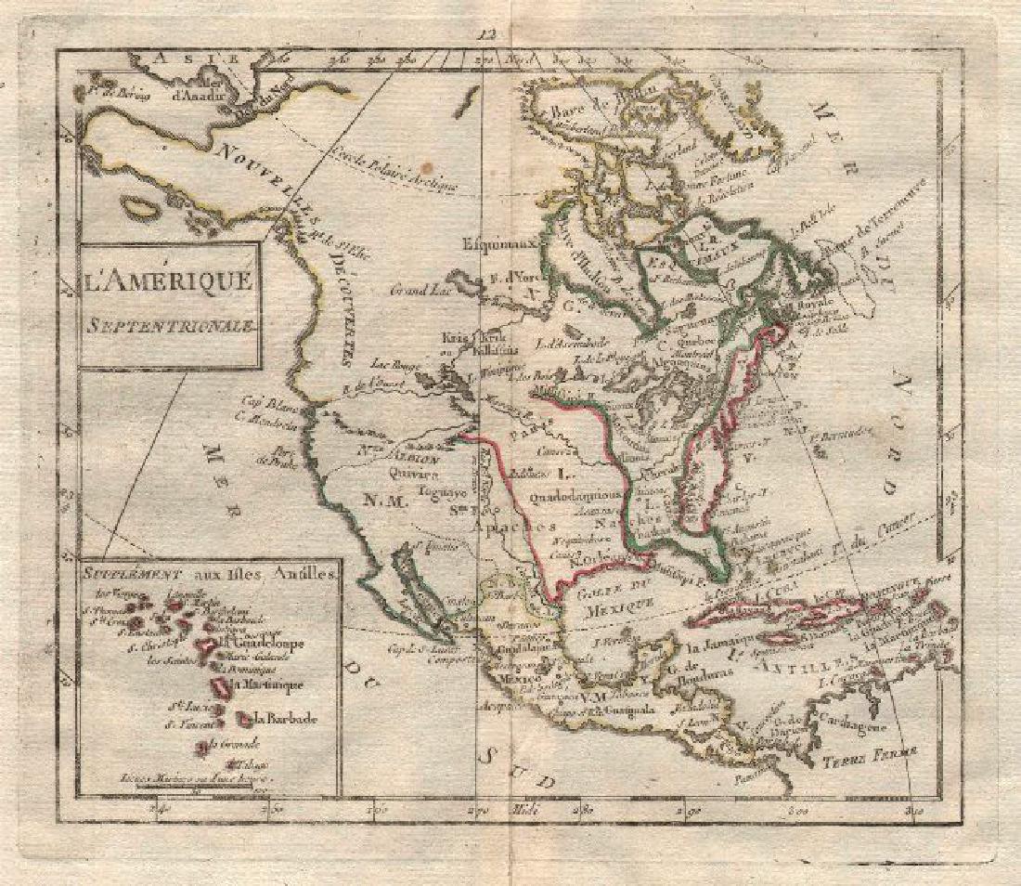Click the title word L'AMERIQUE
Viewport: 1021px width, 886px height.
tap(167, 279)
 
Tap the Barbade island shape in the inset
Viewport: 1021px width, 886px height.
tap(244, 718)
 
